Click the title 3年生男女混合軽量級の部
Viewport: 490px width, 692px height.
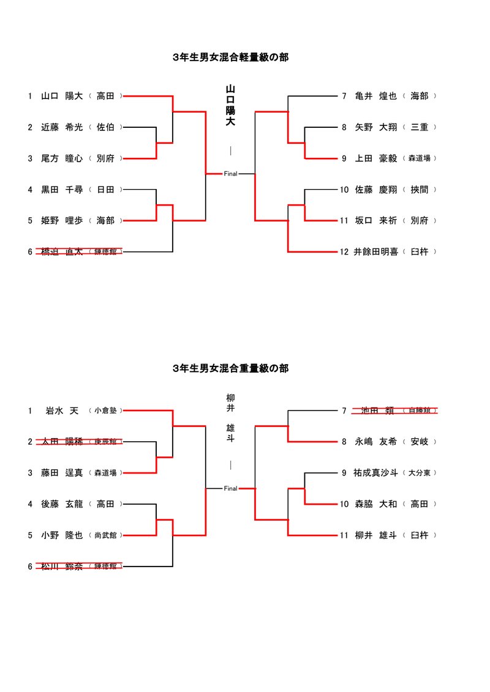pos(230,58)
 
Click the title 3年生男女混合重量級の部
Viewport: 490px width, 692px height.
pos(230,368)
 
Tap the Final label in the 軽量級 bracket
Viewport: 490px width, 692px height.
pos(230,174)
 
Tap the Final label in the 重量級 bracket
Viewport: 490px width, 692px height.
pos(230,488)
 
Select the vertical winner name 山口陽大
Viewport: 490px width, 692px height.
pos(230,105)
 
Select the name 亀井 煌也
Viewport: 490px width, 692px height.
pos(375,96)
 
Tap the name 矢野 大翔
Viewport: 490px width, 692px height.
pos(375,127)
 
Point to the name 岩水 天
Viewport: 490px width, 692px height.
pos(62,411)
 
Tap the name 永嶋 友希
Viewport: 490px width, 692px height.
pos(375,441)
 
